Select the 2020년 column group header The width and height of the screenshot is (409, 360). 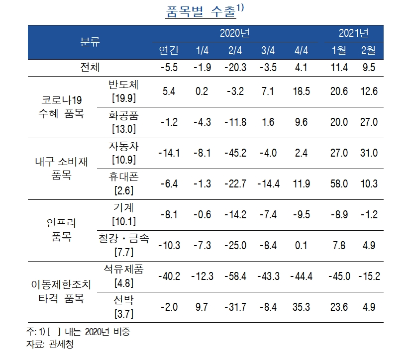[235, 34]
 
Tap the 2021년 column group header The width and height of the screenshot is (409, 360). [353, 34]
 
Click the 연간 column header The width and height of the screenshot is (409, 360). [169, 51]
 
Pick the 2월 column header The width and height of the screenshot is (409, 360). [368, 51]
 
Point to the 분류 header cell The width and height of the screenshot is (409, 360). [90, 42]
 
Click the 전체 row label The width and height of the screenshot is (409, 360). [90, 67]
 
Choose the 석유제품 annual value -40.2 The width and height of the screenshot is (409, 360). [169, 276]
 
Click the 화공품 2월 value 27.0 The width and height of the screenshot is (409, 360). [368, 122]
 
